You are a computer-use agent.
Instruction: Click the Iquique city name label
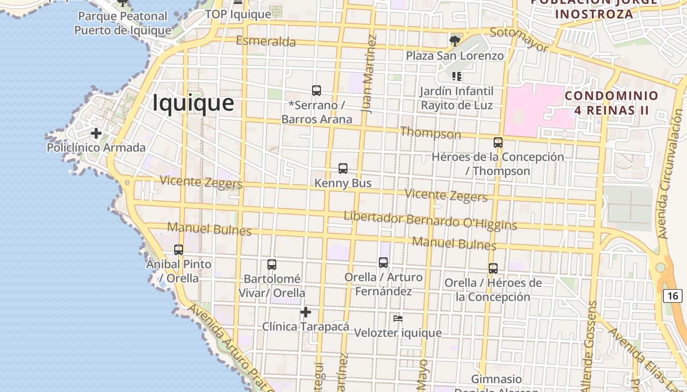tap(193, 103)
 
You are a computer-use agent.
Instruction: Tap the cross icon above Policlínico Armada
tap(96, 133)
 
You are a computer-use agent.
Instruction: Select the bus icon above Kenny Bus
tap(343, 169)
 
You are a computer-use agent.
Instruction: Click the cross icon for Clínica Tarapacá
tap(306, 312)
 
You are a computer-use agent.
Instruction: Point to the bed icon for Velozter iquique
tap(398, 318)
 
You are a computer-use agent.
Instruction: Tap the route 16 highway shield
tap(672, 295)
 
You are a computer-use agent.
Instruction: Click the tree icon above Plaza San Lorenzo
tap(455, 41)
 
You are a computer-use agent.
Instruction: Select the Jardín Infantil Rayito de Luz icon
tap(457, 76)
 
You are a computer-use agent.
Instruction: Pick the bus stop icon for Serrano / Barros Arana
tap(317, 91)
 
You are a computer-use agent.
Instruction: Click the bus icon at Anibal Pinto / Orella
tap(179, 250)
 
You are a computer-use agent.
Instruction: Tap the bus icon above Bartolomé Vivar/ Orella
tap(272, 265)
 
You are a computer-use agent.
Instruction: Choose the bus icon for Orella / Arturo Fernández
tap(383, 263)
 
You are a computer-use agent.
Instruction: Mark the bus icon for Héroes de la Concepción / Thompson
tap(498, 143)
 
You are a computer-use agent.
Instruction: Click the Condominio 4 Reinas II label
tap(611, 103)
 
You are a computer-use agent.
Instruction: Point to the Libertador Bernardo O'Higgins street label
tap(430, 220)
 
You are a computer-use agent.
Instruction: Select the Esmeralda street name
tap(266, 41)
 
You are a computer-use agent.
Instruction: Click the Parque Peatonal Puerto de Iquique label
tap(123, 24)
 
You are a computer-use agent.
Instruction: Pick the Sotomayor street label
tap(519, 39)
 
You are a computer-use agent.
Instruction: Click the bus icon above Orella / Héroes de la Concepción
tap(493, 269)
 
